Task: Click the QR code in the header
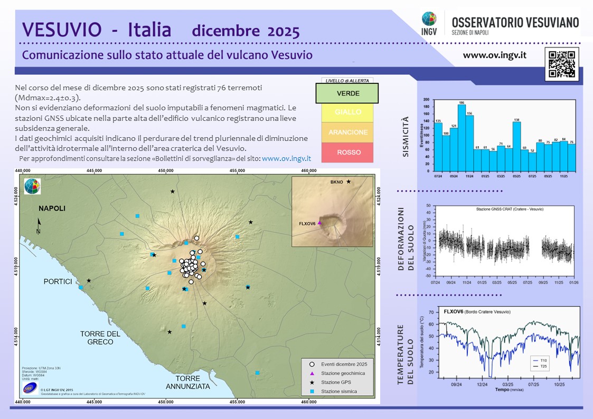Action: tap(562, 65)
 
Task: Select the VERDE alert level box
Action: tap(347, 93)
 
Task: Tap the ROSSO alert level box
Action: tap(347, 153)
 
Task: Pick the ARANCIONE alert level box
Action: tap(347, 132)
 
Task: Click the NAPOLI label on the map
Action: tap(52, 208)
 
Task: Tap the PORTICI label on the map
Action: tap(58, 282)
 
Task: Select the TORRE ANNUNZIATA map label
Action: tap(189, 383)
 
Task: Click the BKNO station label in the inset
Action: tap(336, 182)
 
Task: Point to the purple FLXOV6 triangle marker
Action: tap(319, 223)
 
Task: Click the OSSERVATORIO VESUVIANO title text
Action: tap(515, 22)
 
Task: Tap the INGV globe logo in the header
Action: tap(429, 20)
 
